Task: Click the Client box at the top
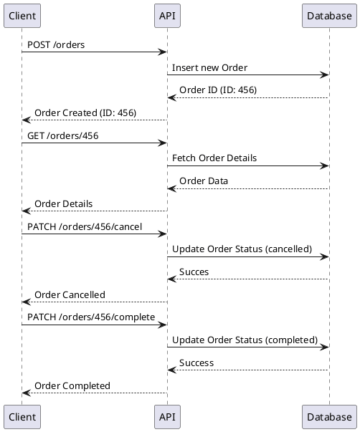(x=22, y=15)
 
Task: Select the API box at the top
(x=167, y=15)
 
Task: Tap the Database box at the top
(x=329, y=15)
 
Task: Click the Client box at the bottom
(x=22, y=416)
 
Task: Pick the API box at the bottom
(x=167, y=416)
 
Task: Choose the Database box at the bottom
(x=329, y=416)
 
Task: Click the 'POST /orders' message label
(x=56, y=45)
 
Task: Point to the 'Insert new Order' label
(x=209, y=68)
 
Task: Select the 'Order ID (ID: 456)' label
(x=218, y=90)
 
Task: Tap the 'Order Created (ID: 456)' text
(x=85, y=113)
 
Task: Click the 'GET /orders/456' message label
(x=62, y=135)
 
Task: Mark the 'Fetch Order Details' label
(x=214, y=158)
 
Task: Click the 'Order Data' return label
(x=204, y=181)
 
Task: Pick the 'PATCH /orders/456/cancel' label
(x=85, y=227)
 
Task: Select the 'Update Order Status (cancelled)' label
(x=242, y=249)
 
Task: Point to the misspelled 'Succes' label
(x=194, y=272)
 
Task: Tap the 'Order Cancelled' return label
(x=70, y=295)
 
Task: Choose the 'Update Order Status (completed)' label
(x=245, y=340)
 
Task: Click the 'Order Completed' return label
(x=72, y=386)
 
